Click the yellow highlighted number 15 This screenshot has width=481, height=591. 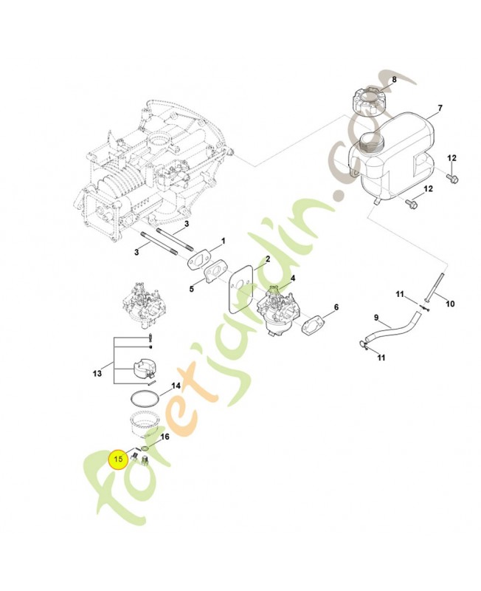point(118,459)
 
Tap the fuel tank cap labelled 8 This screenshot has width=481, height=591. point(370,100)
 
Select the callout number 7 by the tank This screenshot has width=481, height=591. point(440,108)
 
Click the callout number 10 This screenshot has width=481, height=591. point(450,304)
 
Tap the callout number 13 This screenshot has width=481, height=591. point(97,373)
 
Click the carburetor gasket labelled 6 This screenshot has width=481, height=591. point(313,324)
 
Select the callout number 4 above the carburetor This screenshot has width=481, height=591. point(292,279)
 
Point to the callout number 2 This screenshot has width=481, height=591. point(268,259)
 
